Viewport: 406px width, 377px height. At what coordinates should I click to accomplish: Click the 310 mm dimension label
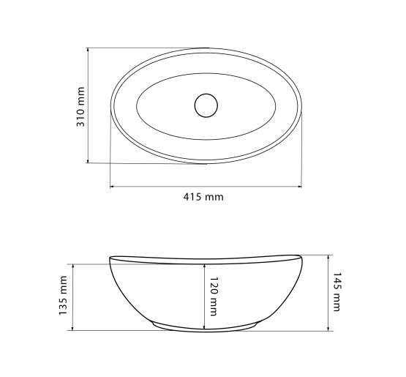tap(80, 107)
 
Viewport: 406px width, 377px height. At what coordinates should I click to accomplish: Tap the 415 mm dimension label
tap(203, 197)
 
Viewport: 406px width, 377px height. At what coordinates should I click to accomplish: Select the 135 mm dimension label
tap(63, 296)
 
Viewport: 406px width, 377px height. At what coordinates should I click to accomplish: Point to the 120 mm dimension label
tap(214, 296)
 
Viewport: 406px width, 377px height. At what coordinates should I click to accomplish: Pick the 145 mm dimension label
tap(337, 291)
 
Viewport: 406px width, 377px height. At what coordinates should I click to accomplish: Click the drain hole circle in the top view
tap(206, 105)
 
